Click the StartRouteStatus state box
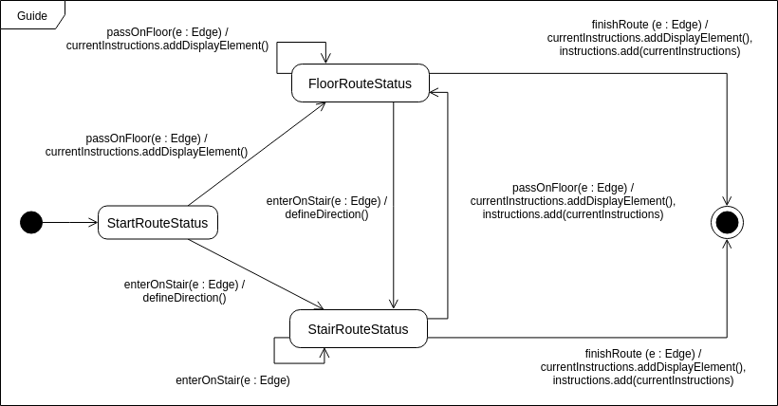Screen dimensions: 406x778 [x=157, y=224]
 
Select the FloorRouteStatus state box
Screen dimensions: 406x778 [x=361, y=83]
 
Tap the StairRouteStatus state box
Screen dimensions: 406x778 [x=359, y=329]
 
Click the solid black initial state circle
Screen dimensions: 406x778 [x=31, y=223]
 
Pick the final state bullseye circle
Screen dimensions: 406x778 [x=727, y=223]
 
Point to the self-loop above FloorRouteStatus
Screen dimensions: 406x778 [x=301, y=44]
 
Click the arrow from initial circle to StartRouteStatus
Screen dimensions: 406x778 [x=71, y=223]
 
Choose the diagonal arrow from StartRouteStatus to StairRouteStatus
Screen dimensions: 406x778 [x=256, y=274]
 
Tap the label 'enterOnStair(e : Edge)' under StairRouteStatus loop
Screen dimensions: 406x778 [x=232, y=380]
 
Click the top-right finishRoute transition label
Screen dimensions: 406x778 [x=649, y=38]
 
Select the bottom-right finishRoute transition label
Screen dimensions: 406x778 [x=643, y=366]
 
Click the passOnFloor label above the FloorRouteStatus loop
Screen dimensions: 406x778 [x=167, y=38]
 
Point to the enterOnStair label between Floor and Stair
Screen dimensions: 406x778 [x=326, y=208]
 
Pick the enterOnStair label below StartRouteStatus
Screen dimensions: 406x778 [x=184, y=290]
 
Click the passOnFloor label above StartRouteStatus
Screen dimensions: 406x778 [x=146, y=144]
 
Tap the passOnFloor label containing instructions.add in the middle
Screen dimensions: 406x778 [x=572, y=200]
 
